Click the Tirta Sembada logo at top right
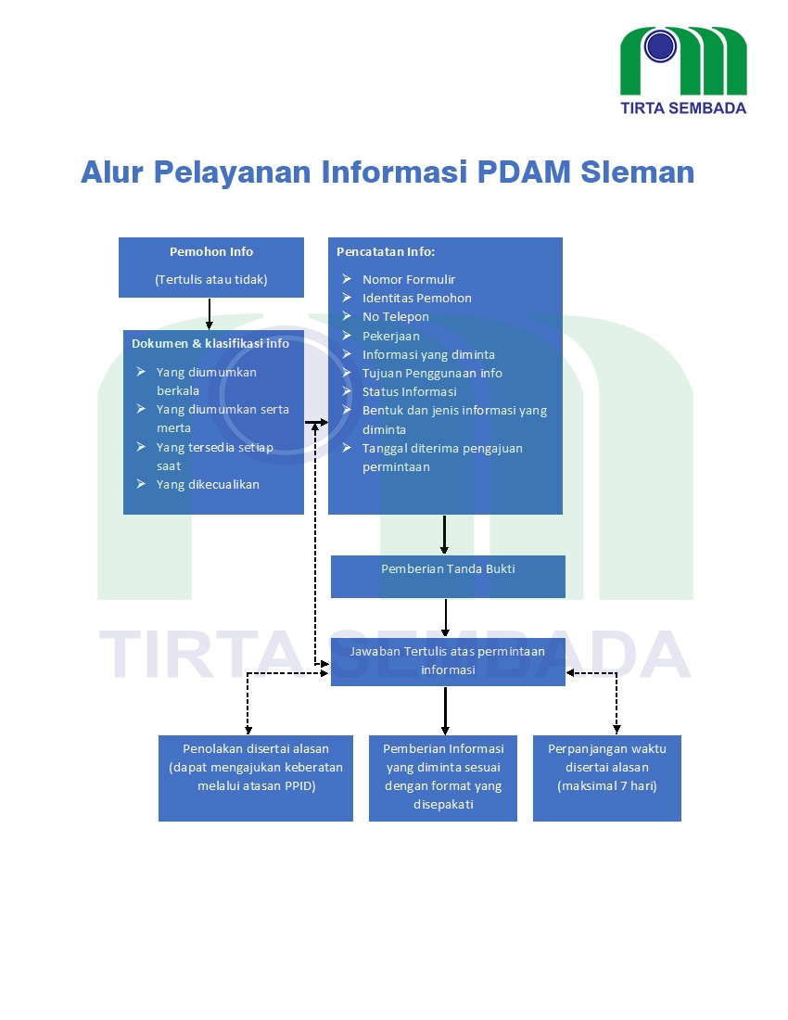pos(683,69)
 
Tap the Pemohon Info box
pos(211,267)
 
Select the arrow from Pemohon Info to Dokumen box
pos(210,313)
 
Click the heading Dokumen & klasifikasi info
pos(210,343)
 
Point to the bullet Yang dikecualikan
pos(208,484)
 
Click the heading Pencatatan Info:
pos(386,251)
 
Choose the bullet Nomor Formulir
pos(409,279)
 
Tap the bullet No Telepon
pos(396,316)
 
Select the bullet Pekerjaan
pos(390,336)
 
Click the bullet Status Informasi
pos(409,391)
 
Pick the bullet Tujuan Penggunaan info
pos(432,373)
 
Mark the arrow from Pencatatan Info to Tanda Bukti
pos(445,534)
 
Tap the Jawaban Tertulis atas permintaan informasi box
pos(448,661)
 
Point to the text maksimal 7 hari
pos(607,786)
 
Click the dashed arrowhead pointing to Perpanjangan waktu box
pos(616,729)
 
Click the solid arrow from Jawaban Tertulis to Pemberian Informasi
pos(445,710)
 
